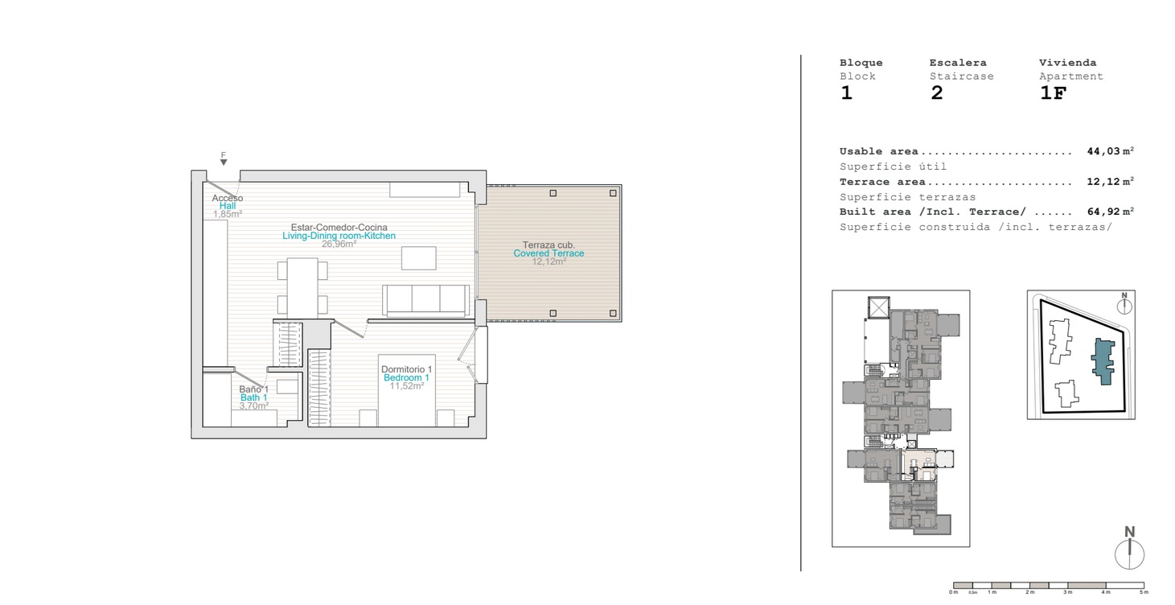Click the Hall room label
[228, 206]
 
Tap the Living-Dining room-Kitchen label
[339, 236]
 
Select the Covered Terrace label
[548, 253]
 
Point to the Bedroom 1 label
[406, 377]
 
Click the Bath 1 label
[254, 397]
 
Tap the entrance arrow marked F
[224, 163]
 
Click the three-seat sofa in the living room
[426, 301]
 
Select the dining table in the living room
[302, 287]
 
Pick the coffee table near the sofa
[418, 258]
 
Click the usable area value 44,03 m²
[1111, 151]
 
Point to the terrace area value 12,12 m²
[1111, 182]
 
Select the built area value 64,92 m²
[1111, 212]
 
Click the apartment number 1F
[1053, 93]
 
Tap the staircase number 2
[936, 93]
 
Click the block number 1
[846, 93]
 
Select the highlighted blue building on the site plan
[1103, 362]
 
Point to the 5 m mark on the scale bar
[1144, 592]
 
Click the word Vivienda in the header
[1067, 63]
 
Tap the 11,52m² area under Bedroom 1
[406, 385]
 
